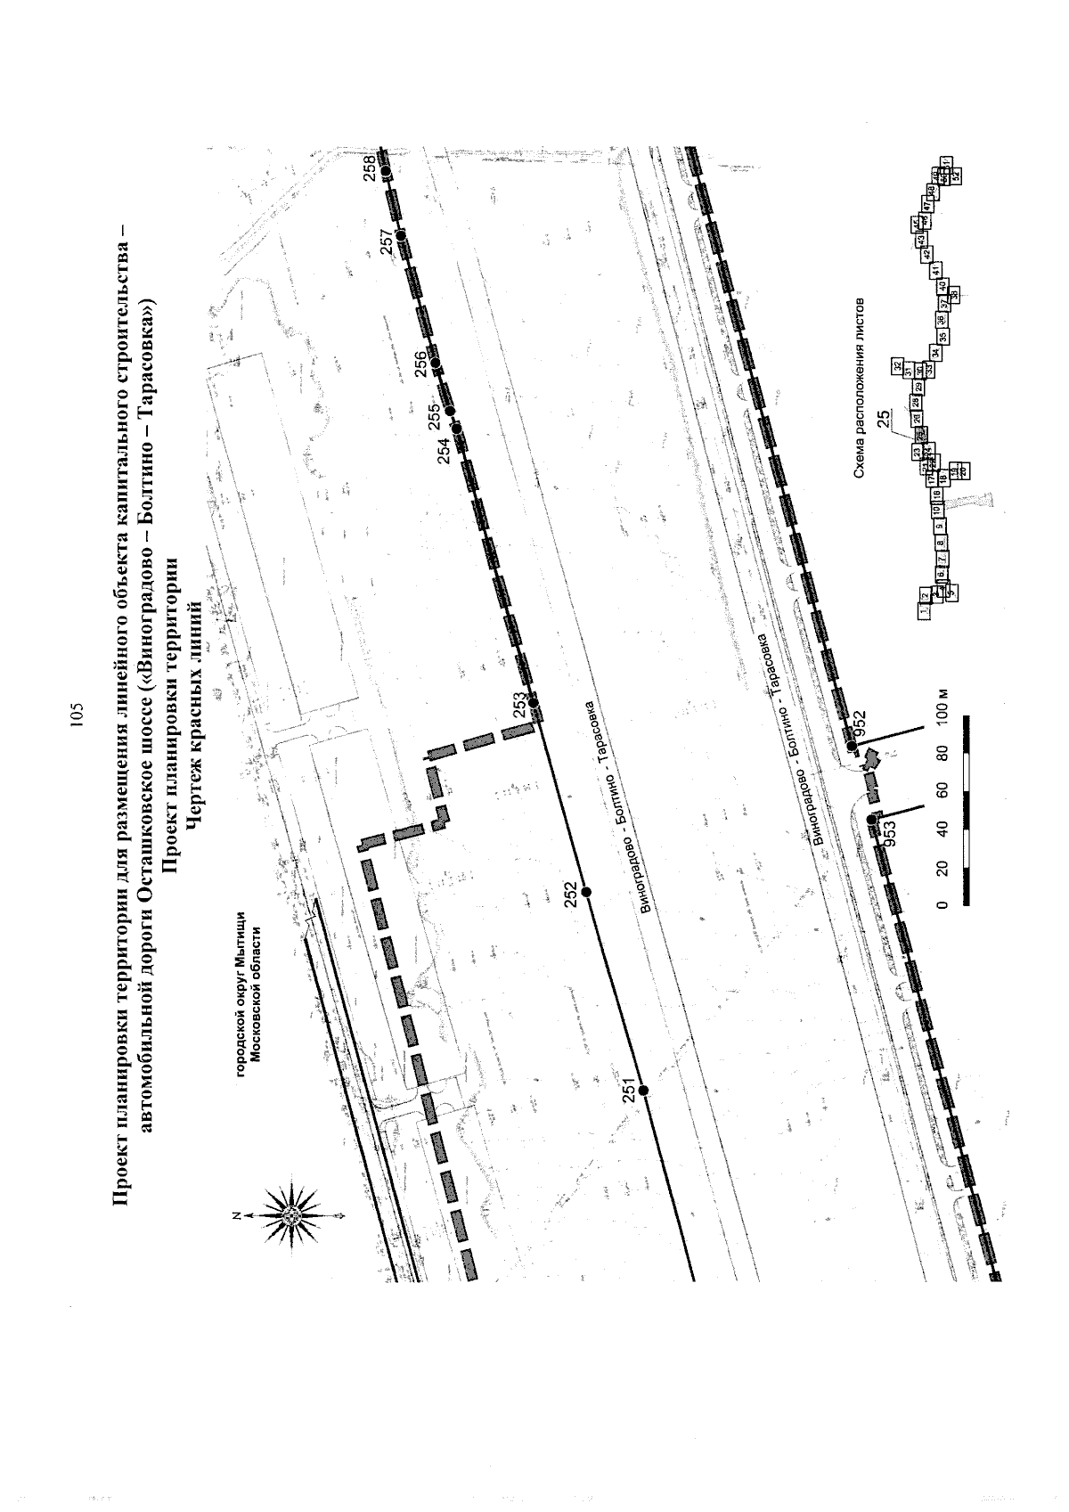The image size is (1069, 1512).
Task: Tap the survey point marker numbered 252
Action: pyautogui.click(x=586, y=891)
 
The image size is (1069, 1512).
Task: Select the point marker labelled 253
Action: pyautogui.click(x=534, y=704)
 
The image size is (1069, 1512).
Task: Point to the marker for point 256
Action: pyautogui.click(x=435, y=362)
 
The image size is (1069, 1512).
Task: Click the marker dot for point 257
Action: pyautogui.click(x=401, y=234)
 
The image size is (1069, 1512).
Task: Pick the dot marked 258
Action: pyautogui.click(x=386, y=169)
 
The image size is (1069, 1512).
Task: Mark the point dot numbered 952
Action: pyautogui.click(x=852, y=745)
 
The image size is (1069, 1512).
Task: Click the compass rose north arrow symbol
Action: pyautogui.click(x=291, y=1214)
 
